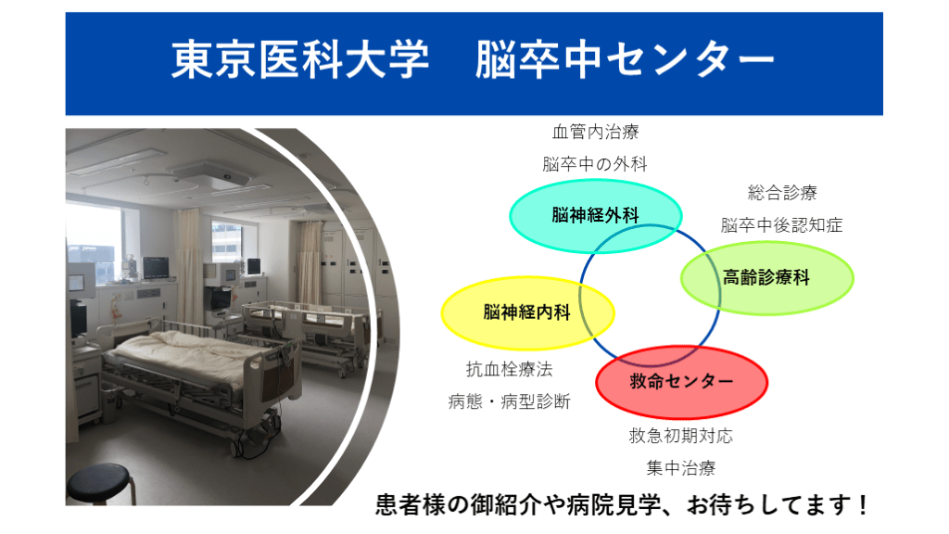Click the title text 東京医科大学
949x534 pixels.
click(300, 60)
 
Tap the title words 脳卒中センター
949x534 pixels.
click(626, 60)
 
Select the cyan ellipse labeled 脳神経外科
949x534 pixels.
click(596, 215)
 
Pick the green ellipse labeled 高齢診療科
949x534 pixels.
click(766, 278)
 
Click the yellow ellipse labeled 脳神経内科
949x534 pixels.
click(527, 313)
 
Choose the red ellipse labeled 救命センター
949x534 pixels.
click(681, 382)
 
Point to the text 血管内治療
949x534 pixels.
click(596, 132)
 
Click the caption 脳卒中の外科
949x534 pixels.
click(595, 164)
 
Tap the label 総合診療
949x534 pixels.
click(782, 193)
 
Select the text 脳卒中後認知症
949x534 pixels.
click(782, 225)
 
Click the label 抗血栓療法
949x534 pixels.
click(509, 369)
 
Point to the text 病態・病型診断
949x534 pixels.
click(509, 401)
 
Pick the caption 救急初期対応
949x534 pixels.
click(681, 436)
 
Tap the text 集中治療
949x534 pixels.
click(681, 468)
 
